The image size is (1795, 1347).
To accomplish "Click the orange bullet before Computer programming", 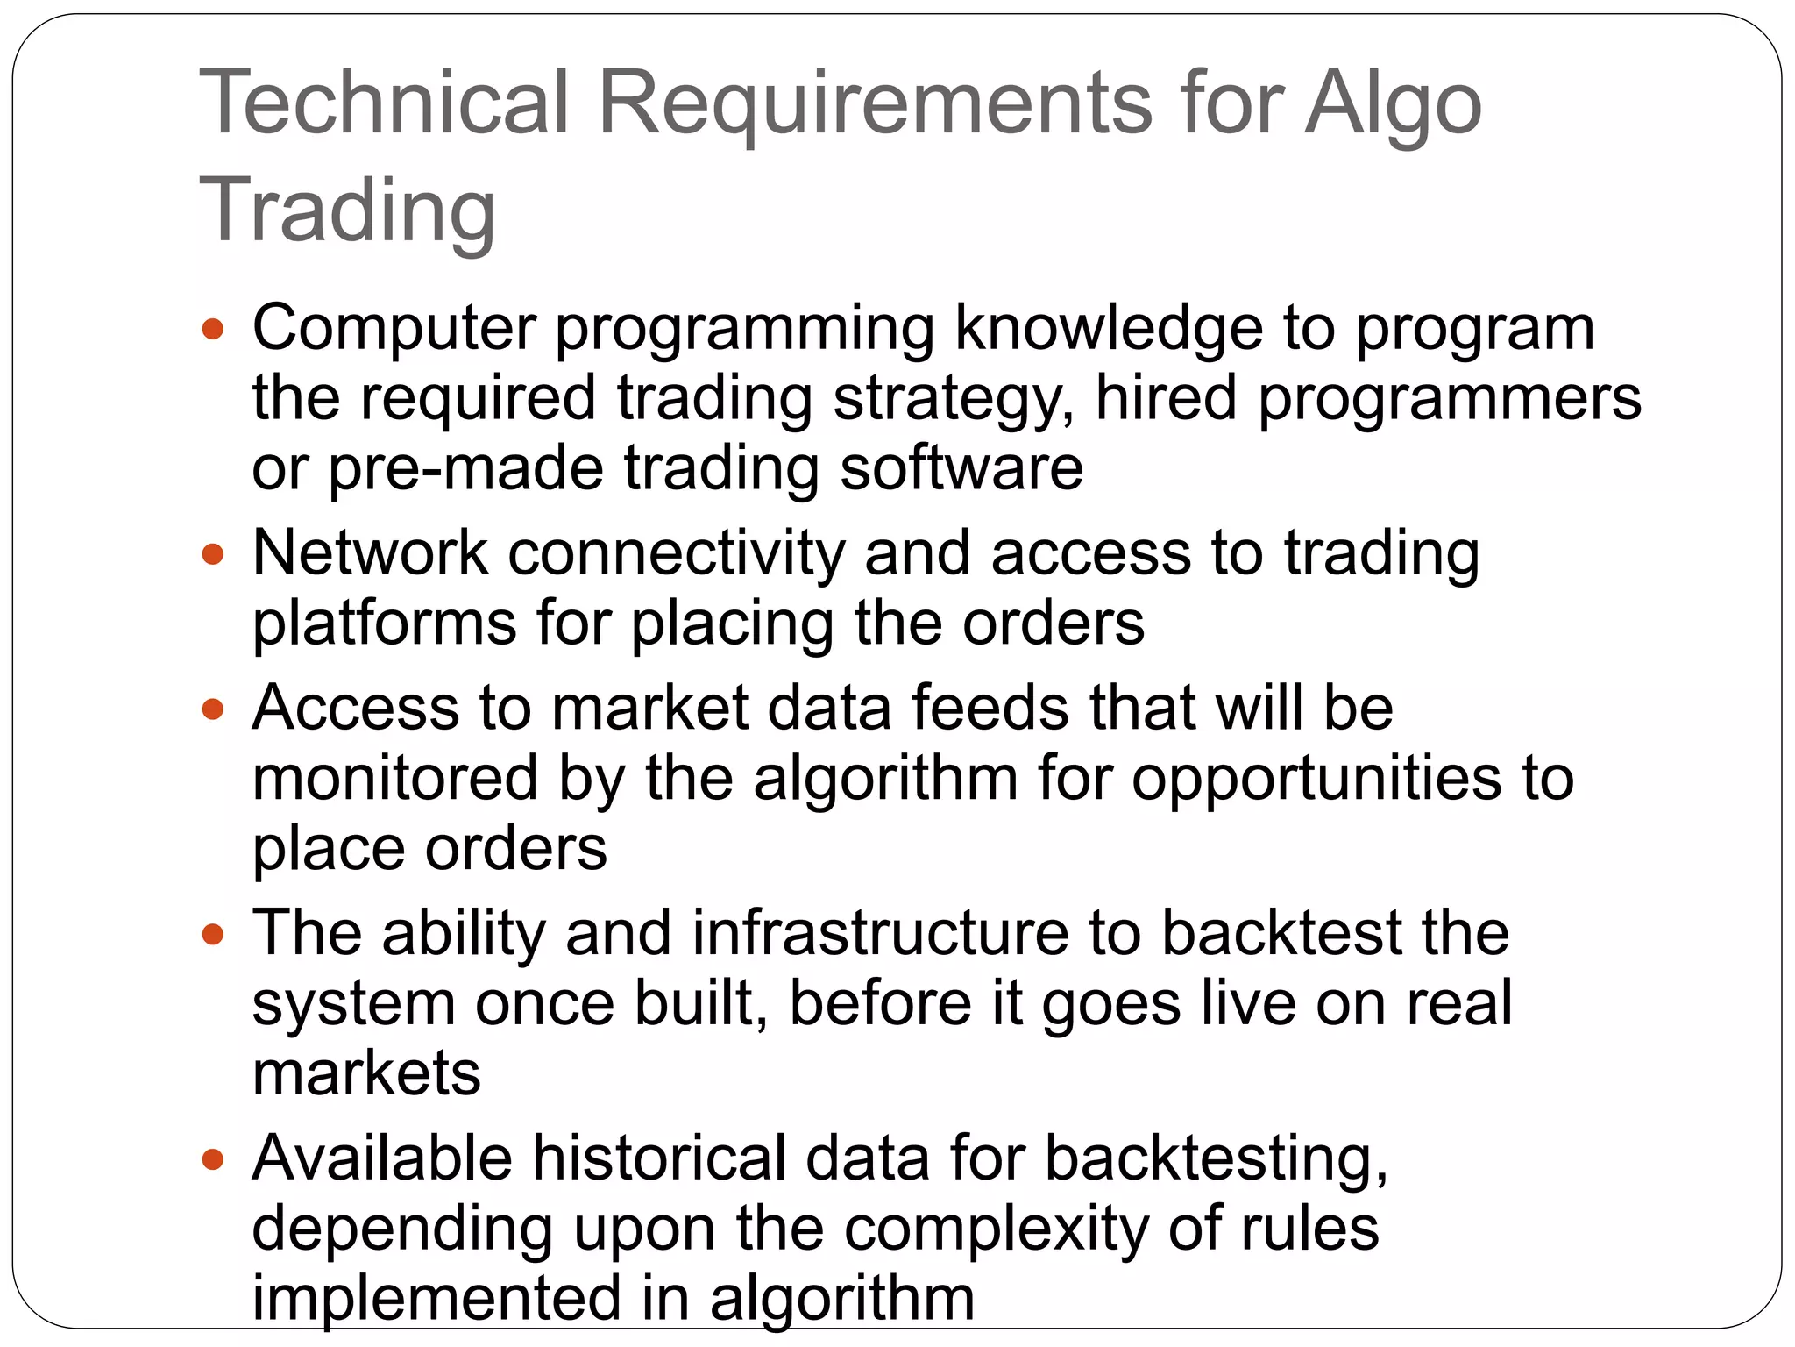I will click(x=213, y=330).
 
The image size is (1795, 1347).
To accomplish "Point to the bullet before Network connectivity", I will click(x=213, y=554).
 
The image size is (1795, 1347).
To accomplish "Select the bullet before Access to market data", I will click(x=213, y=709).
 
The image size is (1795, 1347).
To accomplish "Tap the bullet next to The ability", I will click(x=213, y=934).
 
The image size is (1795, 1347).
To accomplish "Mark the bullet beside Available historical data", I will click(x=213, y=1159).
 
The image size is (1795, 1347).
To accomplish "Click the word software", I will click(x=961, y=467).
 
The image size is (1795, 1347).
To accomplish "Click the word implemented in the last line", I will click(x=436, y=1298).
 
